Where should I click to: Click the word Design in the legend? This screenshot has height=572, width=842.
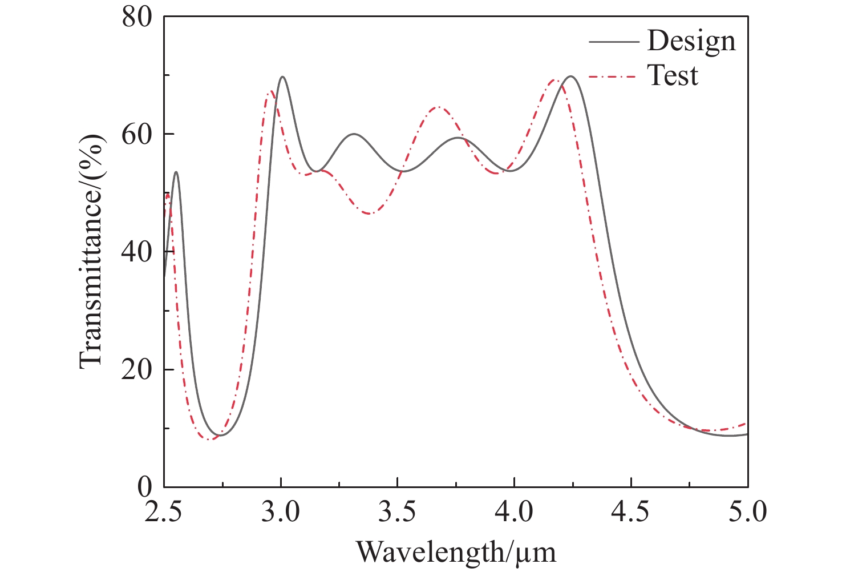(x=691, y=41)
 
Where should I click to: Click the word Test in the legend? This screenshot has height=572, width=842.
(x=673, y=75)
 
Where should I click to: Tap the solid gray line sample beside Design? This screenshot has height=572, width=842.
(x=613, y=42)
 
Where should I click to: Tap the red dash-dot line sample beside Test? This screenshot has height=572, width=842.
(x=613, y=76)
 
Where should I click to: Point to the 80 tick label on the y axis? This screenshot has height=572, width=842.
(x=137, y=17)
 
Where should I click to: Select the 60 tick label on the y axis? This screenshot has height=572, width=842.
(x=137, y=134)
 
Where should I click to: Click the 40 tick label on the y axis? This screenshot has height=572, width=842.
(x=137, y=252)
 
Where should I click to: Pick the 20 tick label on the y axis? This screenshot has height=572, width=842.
(x=137, y=369)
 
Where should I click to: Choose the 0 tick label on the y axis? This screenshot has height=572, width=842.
(x=146, y=487)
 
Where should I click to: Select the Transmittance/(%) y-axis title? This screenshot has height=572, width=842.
(x=91, y=252)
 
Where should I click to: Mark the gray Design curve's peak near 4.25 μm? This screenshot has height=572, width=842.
(x=570, y=76)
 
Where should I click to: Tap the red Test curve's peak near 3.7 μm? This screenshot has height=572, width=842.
(x=438, y=107)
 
